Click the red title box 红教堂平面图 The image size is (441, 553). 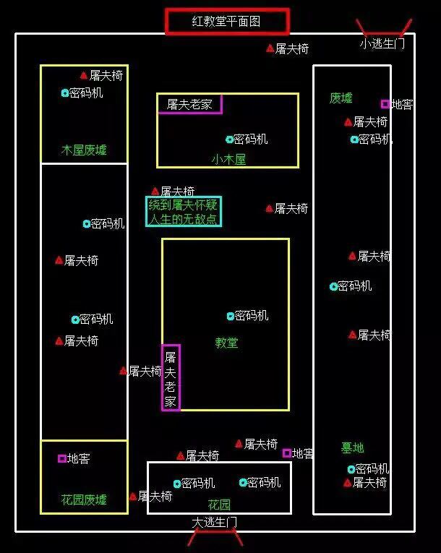pos(227,22)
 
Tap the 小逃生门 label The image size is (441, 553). pos(382,43)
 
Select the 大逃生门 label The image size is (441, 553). pos(215,523)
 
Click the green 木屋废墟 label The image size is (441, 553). pos(84,150)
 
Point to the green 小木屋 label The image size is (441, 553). pos(228,160)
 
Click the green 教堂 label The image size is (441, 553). pos(226,343)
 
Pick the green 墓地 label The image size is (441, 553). pos(353,448)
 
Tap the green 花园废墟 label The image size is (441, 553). pos(84,500)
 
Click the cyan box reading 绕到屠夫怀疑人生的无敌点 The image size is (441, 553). pos(184,211)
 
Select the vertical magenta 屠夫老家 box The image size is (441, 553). pos(171,378)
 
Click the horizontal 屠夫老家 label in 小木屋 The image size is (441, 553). pos(189,104)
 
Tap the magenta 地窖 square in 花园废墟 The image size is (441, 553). pos(62,458)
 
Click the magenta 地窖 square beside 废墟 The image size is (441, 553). pos(385,104)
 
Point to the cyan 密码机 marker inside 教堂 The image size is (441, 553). pos(231,317)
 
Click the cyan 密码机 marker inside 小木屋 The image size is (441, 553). pos(229,140)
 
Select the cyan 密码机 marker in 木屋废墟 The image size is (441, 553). pos(65,93)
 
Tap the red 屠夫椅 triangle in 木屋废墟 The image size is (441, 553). pos(84,75)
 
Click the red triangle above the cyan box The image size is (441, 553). pos(155,191)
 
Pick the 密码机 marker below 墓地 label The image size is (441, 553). pos(351,469)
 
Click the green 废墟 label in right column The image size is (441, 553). pos(341,98)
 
